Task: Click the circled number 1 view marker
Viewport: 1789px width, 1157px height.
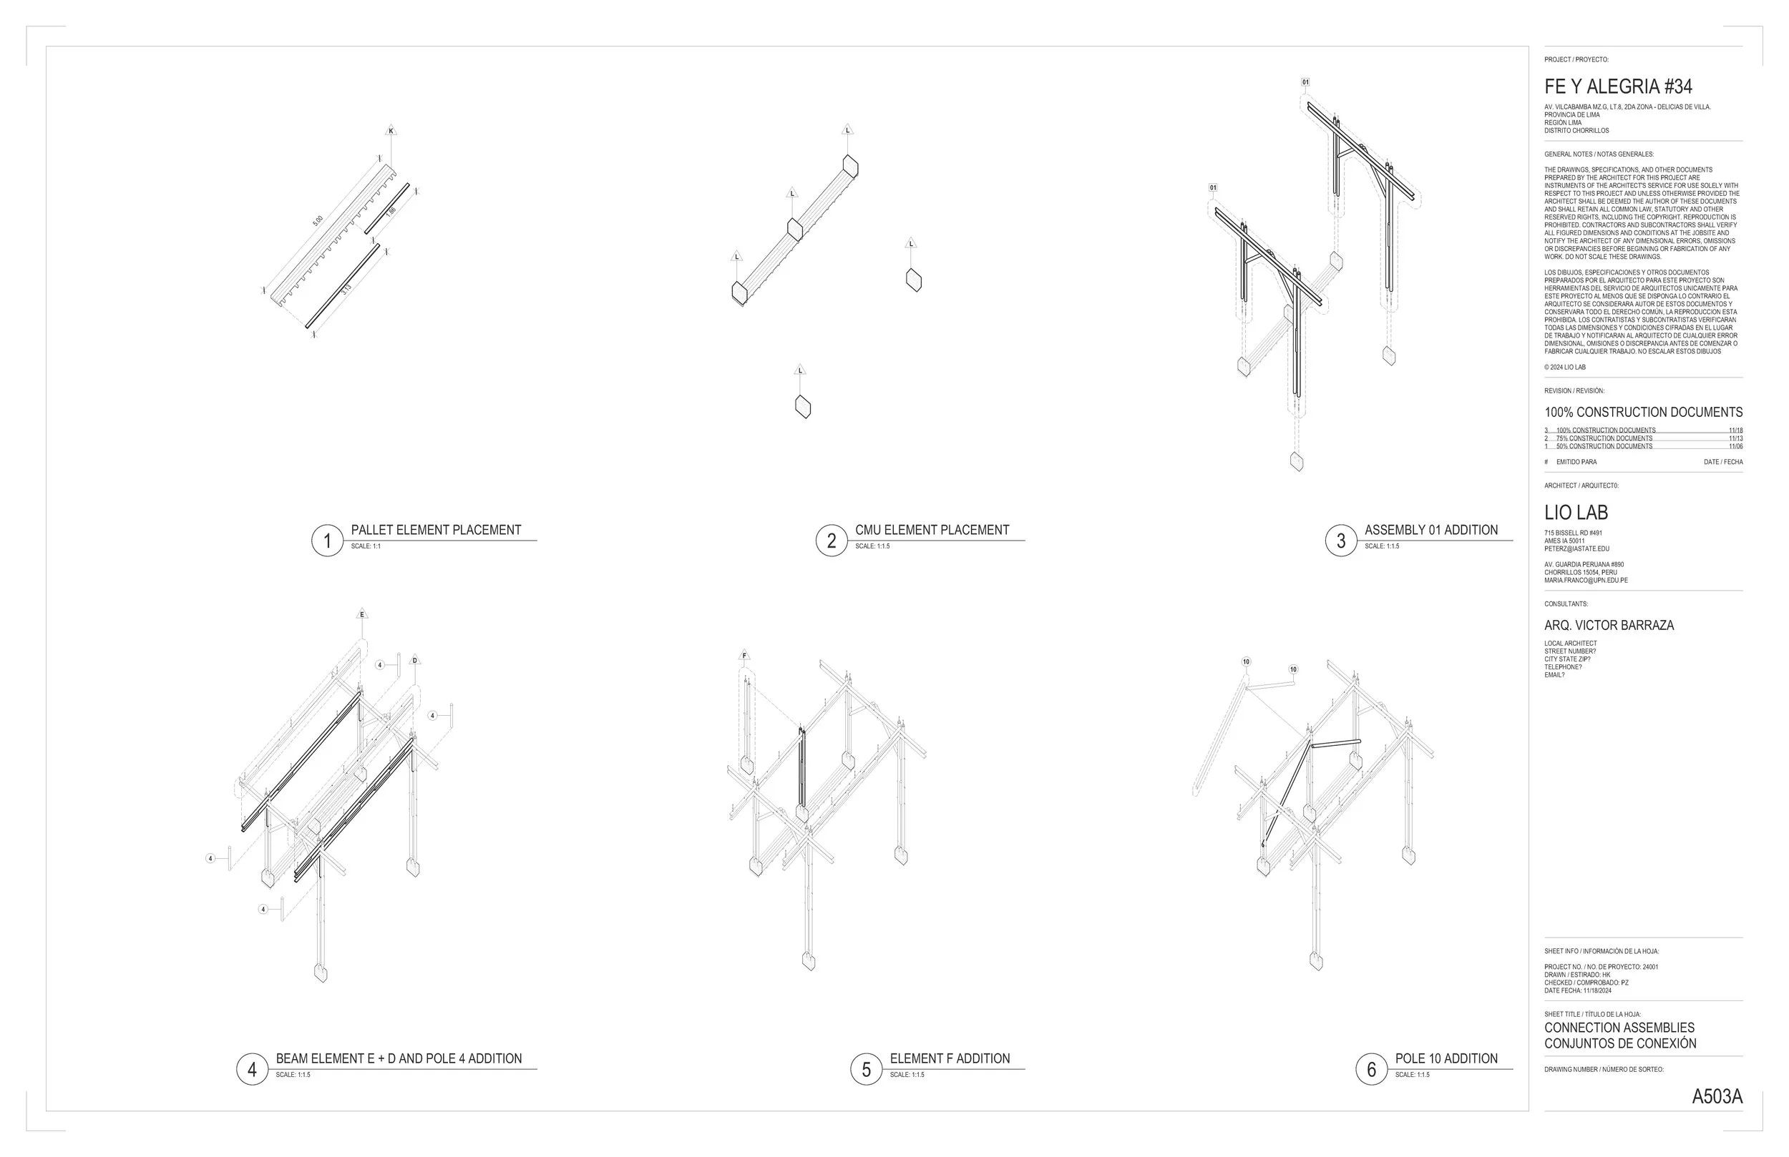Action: (x=327, y=541)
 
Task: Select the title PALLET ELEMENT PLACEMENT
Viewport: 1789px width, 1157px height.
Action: (x=436, y=531)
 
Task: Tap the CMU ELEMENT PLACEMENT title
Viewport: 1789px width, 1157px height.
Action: (x=932, y=531)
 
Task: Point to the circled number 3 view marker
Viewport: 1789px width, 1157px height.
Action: (x=1340, y=541)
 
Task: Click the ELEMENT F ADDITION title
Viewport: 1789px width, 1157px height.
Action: (x=950, y=1058)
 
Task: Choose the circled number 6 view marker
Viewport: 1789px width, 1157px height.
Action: (x=1371, y=1069)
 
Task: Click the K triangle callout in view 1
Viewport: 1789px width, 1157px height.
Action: (x=391, y=132)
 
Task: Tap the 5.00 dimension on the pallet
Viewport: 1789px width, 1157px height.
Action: (x=318, y=221)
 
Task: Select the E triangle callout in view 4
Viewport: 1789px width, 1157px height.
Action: (x=362, y=614)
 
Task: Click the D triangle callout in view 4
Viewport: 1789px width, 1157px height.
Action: (x=415, y=661)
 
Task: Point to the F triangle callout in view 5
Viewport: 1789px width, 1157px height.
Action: (x=744, y=656)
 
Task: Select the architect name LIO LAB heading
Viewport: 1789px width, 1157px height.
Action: (x=1576, y=513)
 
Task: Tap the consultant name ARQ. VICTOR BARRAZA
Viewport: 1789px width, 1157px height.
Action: (x=1609, y=625)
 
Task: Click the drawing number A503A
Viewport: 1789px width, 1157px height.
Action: (x=1717, y=1097)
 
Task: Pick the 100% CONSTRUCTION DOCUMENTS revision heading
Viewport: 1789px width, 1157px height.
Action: (x=1643, y=413)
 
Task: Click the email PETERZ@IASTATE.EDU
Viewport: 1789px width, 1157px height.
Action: (x=1576, y=549)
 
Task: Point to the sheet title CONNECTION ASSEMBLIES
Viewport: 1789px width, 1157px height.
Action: (x=1619, y=1028)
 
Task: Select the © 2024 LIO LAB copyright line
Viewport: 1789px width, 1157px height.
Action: (x=1565, y=368)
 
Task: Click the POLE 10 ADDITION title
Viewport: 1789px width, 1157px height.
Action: (x=1446, y=1058)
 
